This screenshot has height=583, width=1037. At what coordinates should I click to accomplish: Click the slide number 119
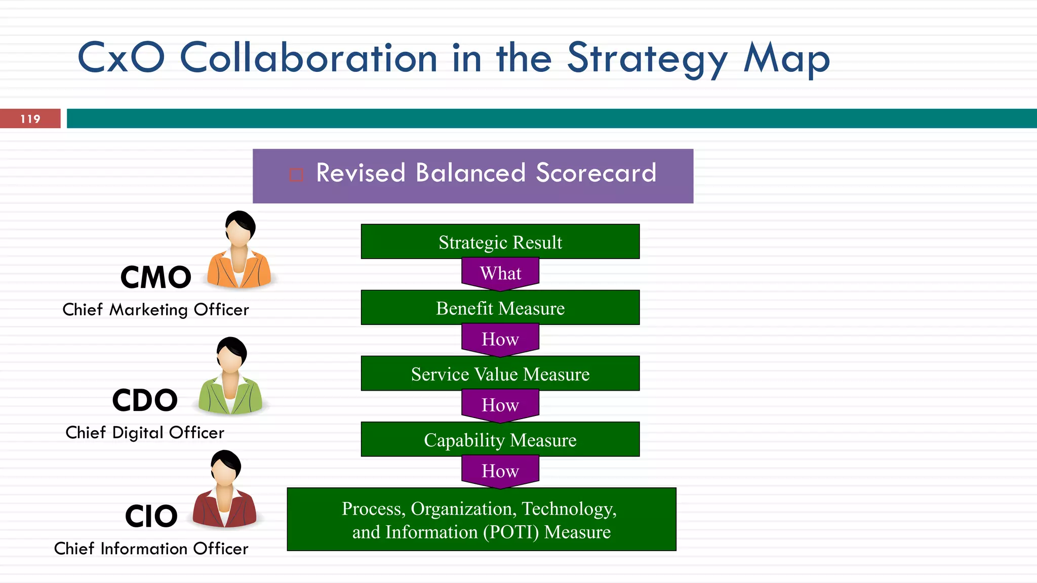tap(30, 119)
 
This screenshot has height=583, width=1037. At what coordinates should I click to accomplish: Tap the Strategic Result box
tap(500, 242)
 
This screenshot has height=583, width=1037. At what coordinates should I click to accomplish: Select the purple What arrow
tap(500, 274)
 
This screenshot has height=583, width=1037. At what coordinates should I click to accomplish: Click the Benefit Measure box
tap(500, 308)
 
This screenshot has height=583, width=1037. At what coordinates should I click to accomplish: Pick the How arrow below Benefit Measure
tap(500, 339)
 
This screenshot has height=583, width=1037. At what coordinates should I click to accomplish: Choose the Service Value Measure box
tap(500, 374)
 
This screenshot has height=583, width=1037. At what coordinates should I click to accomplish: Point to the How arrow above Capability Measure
tap(500, 405)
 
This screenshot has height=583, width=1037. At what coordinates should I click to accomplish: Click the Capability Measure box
tap(500, 440)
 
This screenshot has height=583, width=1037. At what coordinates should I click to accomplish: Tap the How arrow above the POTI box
tap(500, 471)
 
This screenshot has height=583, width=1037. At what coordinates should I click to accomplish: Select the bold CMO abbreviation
tap(156, 278)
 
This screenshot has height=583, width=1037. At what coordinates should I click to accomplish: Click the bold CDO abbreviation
tap(145, 400)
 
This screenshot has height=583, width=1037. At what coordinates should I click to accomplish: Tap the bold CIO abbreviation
tap(151, 517)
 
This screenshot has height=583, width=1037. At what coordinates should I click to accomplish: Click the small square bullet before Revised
tap(296, 175)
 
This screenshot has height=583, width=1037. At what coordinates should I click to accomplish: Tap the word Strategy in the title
tap(647, 59)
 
